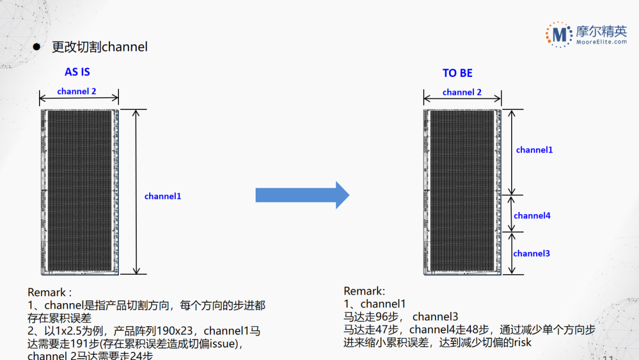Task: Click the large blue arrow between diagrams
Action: click(302, 195)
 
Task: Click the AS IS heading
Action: click(78, 72)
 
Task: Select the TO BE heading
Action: click(457, 73)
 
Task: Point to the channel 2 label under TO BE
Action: click(461, 92)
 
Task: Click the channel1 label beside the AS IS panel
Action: click(163, 196)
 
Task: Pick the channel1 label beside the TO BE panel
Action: click(534, 150)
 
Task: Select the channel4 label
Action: click(532, 216)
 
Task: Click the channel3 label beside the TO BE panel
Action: click(531, 253)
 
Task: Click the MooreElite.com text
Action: click(602, 42)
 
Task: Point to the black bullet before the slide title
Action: click(36, 47)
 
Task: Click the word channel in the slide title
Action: click(124, 47)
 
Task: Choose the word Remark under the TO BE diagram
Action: click(362, 291)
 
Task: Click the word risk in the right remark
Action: click(522, 342)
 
